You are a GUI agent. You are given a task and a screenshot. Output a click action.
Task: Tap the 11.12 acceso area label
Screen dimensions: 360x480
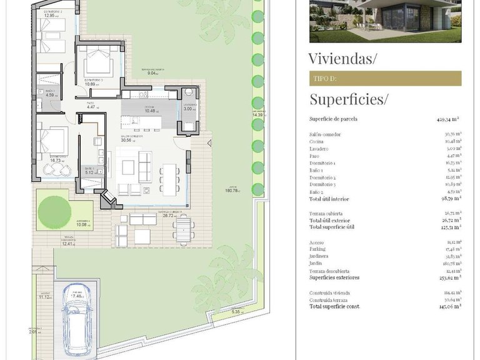coord(45,297)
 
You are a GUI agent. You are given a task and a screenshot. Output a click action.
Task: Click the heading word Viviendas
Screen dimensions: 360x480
coord(343,59)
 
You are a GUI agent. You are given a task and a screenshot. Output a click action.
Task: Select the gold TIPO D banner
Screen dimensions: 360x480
coord(385,79)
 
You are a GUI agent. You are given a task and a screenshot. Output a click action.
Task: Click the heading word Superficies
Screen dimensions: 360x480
coord(349,99)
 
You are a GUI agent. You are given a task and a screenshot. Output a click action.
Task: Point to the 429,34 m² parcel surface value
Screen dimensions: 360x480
coord(449,119)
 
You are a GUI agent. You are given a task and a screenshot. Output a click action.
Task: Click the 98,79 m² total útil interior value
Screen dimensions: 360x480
coord(449,199)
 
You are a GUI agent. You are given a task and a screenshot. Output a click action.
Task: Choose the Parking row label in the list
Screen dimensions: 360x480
coord(319,249)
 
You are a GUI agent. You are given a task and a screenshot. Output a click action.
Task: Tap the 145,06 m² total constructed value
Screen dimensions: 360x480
coord(449,306)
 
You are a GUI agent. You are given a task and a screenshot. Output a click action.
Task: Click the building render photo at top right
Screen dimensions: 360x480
coord(385,21)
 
